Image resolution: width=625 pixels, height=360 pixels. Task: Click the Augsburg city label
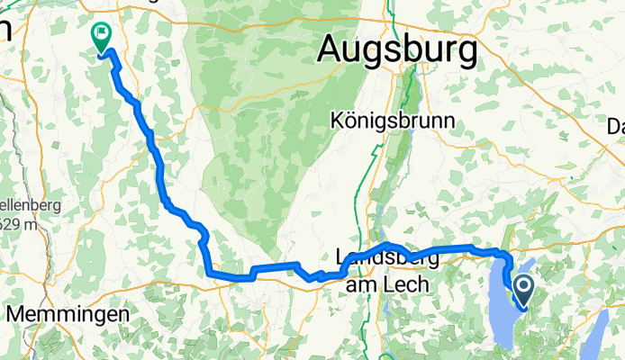coord(397,51)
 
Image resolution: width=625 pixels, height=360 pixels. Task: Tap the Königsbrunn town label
coord(392,120)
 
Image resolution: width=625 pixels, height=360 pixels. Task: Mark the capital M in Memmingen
coord(17,315)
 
